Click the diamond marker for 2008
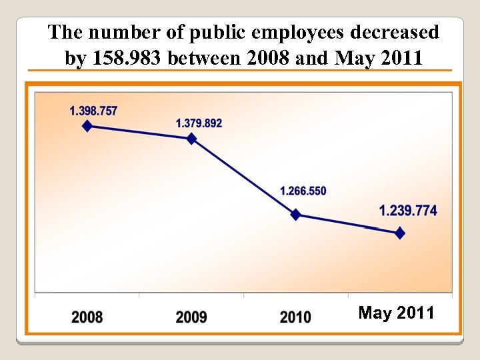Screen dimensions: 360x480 tap(87, 126)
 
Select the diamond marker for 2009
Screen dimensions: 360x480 tap(191, 139)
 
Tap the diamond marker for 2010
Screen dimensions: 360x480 tap(296, 215)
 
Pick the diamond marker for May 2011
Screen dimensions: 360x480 tap(400, 233)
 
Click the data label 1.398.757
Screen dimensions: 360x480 tap(93, 111)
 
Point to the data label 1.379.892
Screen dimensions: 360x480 tap(199, 123)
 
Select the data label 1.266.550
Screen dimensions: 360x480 tap(303, 191)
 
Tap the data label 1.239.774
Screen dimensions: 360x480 tap(408, 211)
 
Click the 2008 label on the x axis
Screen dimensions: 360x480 tap(87, 317)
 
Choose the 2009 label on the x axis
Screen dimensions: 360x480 tap(191, 317)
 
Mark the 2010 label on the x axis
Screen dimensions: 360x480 tap(295, 317)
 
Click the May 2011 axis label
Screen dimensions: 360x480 tap(396, 313)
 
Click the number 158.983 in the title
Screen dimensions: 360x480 tap(125, 59)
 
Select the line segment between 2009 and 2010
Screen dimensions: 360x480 tap(243, 177)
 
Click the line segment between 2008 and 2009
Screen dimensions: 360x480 tap(139, 132)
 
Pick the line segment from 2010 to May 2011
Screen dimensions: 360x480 tap(348, 224)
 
